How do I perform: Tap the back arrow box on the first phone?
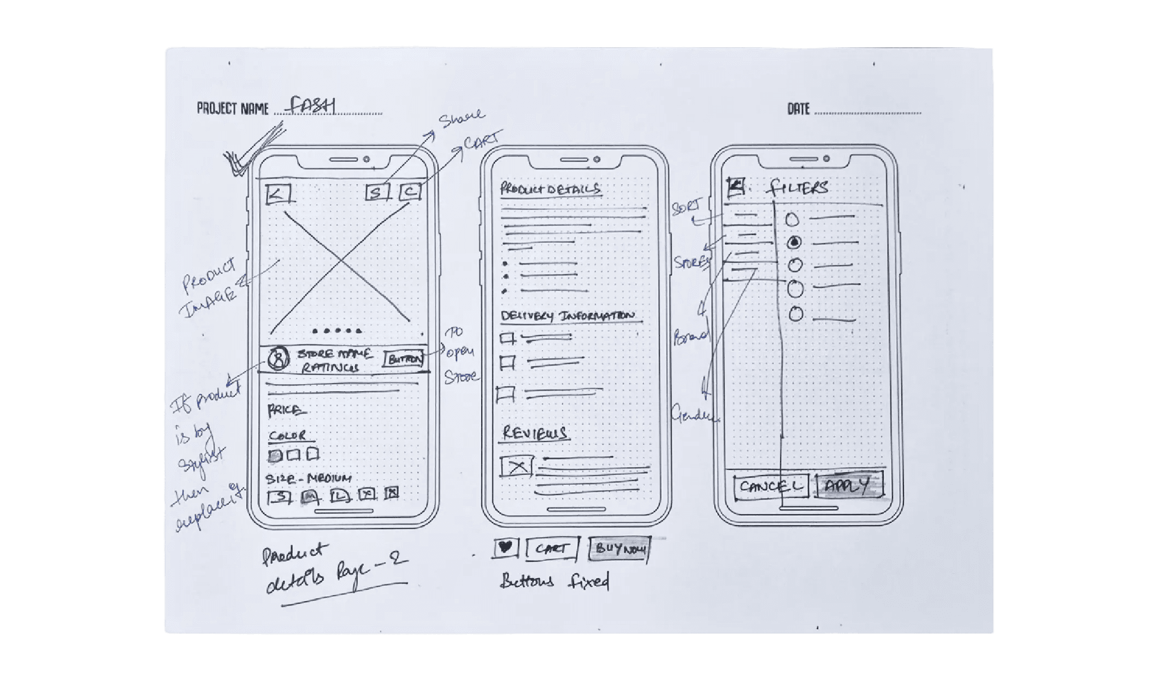(x=278, y=194)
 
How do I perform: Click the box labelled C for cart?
(x=410, y=192)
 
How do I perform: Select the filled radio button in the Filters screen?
(x=795, y=242)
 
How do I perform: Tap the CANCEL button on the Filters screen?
(x=771, y=486)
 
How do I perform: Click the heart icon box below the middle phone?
(x=505, y=548)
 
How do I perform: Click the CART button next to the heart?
(x=552, y=549)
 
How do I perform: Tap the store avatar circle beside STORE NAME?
(x=278, y=359)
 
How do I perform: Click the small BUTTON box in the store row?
(x=404, y=359)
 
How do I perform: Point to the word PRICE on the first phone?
(x=285, y=410)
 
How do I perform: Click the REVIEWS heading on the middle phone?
(x=534, y=433)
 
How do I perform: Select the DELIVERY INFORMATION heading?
(x=568, y=316)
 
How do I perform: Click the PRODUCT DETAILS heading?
(x=551, y=189)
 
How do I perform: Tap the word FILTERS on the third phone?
(x=798, y=188)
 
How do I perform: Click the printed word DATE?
(x=798, y=109)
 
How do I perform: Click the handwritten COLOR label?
(x=287, y=436)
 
